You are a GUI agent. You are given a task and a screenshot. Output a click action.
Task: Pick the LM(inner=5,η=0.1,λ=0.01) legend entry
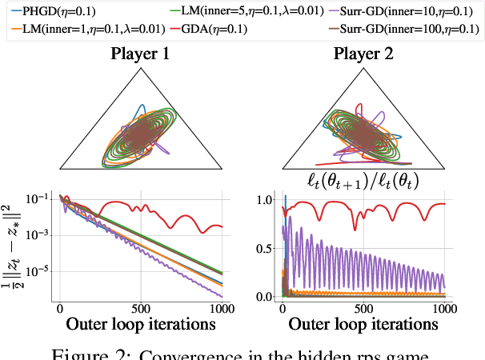[x=244, y=11]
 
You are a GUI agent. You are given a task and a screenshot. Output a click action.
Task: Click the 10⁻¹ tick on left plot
[x=39, y=199]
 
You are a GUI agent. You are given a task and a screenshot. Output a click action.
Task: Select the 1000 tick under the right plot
[x=445, y=308]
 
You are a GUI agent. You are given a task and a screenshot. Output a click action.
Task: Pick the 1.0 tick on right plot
[x=262, y=200]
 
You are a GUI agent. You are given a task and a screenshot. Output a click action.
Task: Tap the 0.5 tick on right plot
[x=262, y=248]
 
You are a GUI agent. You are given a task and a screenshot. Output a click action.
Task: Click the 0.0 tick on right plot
[x=262, y=296]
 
